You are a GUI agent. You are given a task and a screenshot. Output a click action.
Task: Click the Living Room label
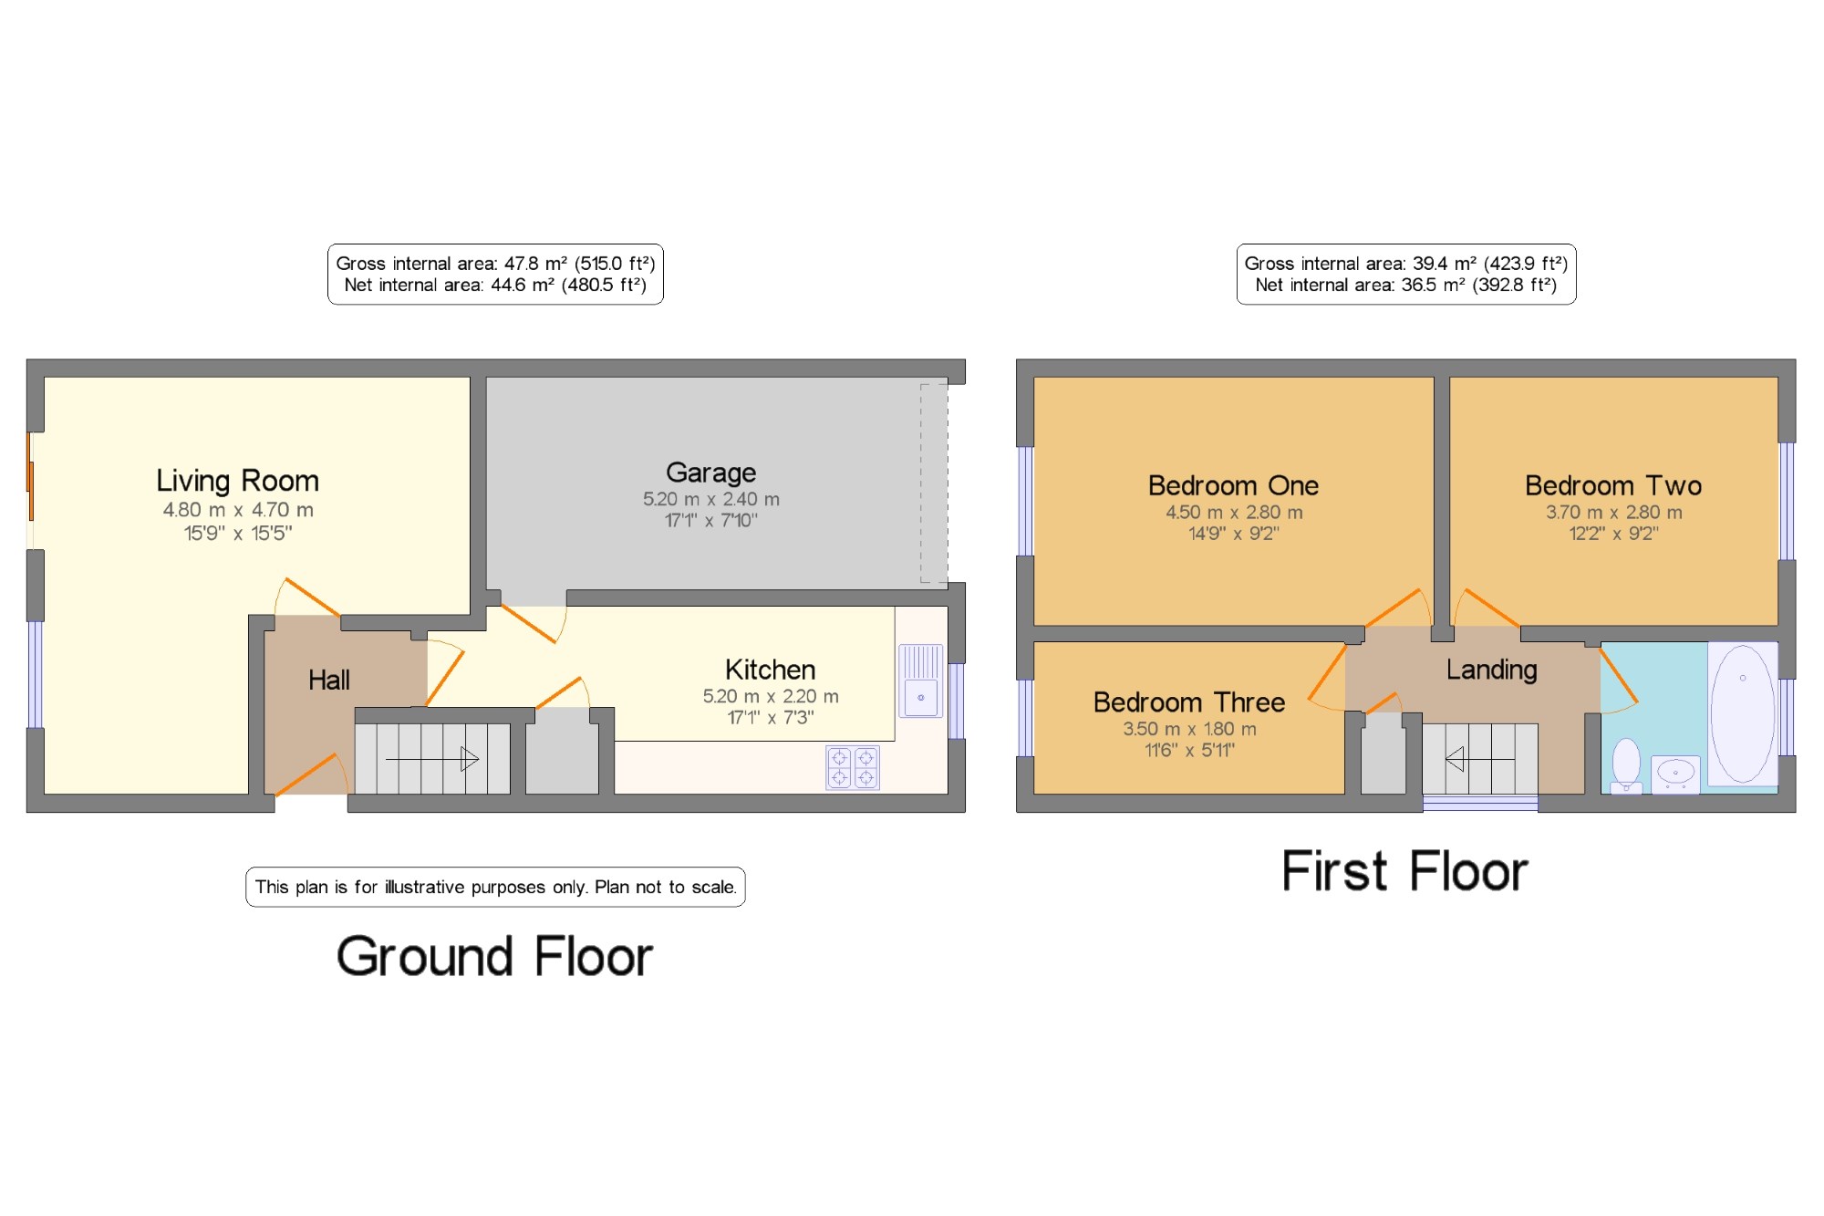[x=237, y=481]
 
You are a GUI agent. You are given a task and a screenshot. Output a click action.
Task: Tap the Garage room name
[x=710, y=473]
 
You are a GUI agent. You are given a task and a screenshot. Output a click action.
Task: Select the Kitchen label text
[x=770, y=670]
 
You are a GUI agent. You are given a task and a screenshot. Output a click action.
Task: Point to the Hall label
[x=329, y=680]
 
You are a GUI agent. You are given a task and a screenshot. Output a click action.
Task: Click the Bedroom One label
[x=1233, y=485]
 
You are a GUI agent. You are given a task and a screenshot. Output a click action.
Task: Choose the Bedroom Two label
[x=1613, y=485]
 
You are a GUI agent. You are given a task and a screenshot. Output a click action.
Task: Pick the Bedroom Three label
[x=1189, y=702]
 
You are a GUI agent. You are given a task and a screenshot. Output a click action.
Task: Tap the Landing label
[x=1492, y=670]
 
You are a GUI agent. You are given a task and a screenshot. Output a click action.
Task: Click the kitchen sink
[x=921, y=681]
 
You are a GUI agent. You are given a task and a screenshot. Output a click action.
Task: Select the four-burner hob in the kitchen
[x=853, y=767]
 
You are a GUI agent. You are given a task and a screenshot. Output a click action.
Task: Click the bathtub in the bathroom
[x=1743, y=713]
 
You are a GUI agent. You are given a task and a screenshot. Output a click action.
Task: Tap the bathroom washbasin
[x=1675, y=774]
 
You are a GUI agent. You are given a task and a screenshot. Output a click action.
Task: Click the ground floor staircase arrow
[x=432, y=759]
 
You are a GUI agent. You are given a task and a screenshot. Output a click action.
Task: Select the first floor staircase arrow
[x=1480, y=759]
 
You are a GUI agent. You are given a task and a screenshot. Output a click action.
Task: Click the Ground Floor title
[x=495, y=957]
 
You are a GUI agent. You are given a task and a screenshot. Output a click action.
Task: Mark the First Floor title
[x=1404, y=870]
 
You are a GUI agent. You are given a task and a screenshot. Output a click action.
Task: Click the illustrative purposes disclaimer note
[x=495, y=887]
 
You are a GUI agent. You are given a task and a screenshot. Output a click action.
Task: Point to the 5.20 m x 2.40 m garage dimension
[x=711, y=499]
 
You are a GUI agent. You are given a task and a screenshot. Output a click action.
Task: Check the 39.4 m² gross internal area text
[x=1406, y=264]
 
